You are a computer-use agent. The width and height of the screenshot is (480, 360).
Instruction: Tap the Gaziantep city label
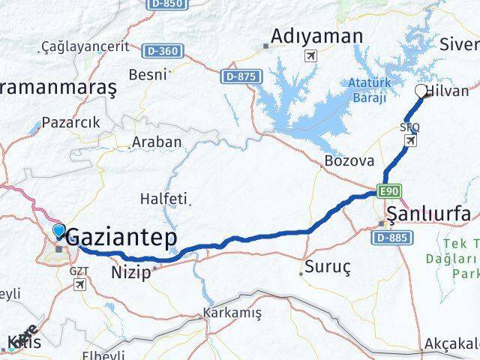pos(123,238)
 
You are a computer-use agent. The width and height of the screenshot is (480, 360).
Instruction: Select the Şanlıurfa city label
pos(430,216)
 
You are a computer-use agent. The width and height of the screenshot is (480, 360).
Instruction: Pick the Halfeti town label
pos(163,199)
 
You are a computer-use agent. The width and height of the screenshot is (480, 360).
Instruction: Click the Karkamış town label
pos(230,312)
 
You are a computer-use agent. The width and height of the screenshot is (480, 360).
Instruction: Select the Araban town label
pos(157,141)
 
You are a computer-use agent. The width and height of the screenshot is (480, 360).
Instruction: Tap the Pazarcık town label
pos(71,122)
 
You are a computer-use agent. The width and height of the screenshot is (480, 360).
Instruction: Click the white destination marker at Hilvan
pos(421,91)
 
